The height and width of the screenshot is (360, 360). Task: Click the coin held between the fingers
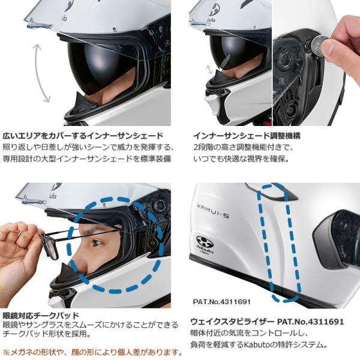(319, 43)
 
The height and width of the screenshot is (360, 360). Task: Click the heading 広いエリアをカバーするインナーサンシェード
(83, 136)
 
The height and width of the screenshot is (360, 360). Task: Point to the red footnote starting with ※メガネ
(92, 352)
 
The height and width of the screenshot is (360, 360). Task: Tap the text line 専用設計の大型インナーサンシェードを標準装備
(86, 159)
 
